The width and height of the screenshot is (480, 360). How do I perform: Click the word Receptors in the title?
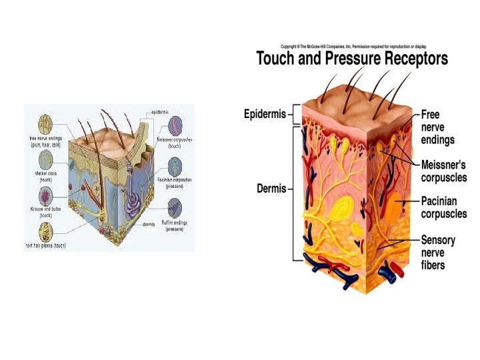413,59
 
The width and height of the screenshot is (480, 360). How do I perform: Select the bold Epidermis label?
265,114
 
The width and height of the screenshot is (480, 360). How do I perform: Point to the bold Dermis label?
271,189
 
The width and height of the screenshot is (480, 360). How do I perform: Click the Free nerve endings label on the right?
437,127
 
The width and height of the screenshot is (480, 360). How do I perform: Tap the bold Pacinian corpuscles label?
443,207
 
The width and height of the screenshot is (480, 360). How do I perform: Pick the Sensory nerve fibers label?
441,252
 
